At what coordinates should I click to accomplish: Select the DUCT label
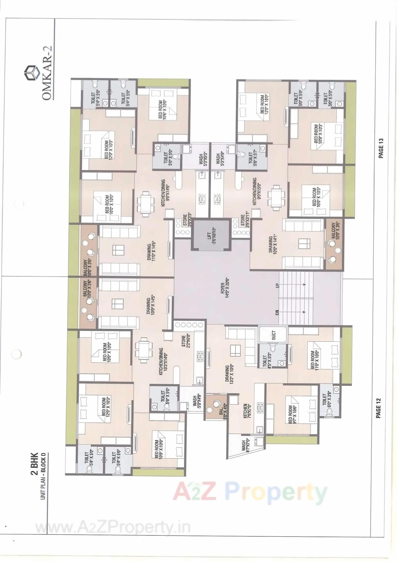[274, 335]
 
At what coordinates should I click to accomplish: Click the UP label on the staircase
[277, 285]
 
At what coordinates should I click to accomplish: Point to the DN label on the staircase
[277, 312]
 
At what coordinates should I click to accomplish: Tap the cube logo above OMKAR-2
[30, 73]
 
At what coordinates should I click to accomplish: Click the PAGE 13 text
[381, 148]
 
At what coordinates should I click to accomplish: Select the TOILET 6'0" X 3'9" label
[326, 400]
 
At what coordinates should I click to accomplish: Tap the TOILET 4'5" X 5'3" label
[266, 361]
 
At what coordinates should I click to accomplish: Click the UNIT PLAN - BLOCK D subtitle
[43, 476]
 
